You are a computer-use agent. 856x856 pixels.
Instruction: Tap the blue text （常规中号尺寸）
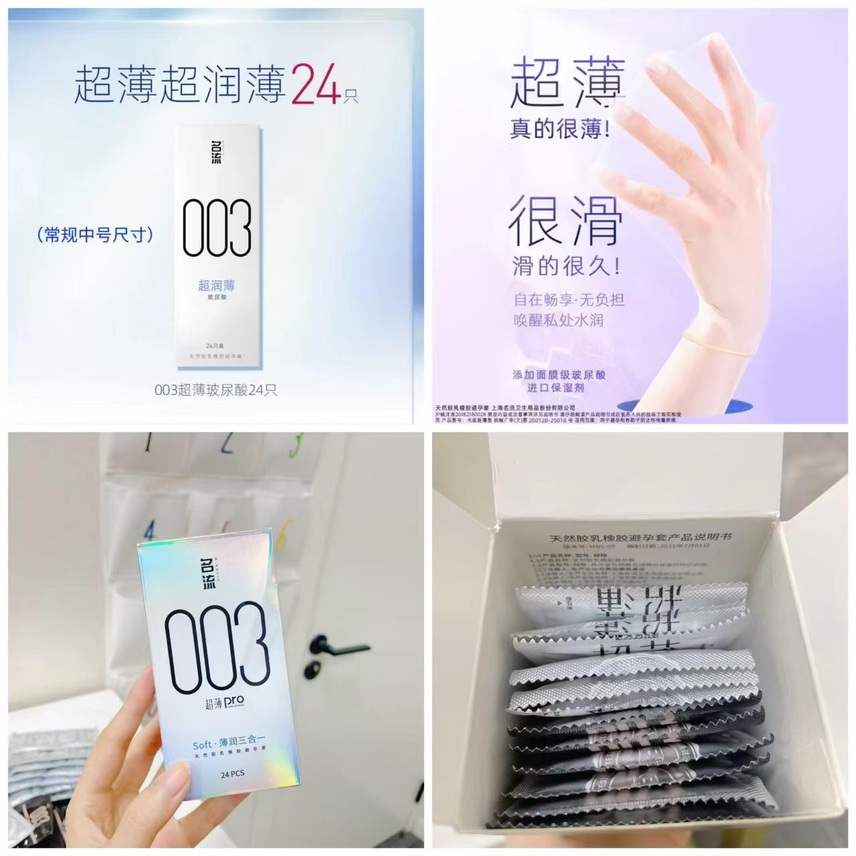(x=96, y=235)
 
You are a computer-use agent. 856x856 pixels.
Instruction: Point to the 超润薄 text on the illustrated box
(x=216, y=285)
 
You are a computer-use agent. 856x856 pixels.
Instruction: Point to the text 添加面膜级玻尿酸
(x=558, y=375)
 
